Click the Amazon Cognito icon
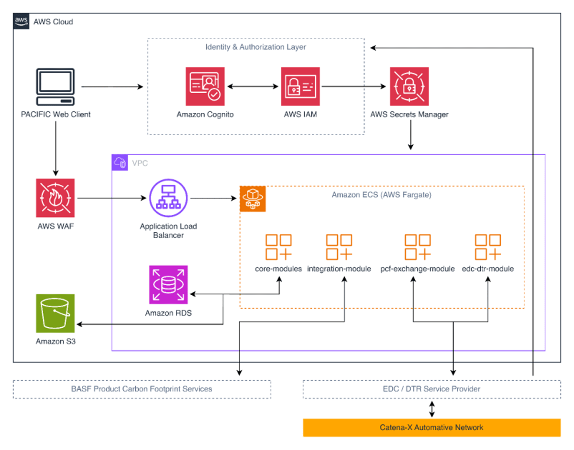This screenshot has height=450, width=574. tap(205, 86)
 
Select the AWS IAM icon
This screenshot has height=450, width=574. tap(300, 86)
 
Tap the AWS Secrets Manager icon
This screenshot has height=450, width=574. tap(409, 86)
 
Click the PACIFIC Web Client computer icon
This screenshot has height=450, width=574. tap(55, 87)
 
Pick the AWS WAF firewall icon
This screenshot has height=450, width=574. tap(55, 198)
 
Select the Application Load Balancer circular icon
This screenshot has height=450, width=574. tap(168, 198)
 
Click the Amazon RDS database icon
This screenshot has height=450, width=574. tap(168, 285)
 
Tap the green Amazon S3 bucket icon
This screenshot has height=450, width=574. tap(55, 313)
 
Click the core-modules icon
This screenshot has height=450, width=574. tap(278, 246)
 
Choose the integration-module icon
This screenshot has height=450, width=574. tap(339, 246)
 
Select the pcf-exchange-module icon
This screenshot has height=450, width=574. tap(417, 246)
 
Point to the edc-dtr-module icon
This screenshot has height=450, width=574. tap(487, 246)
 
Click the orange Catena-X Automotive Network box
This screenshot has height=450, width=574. tap(431, 428)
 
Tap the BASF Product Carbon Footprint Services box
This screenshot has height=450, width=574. tap(142, 389)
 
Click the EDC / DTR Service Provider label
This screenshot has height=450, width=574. tap(431, 389)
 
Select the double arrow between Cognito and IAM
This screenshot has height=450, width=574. tap(253, 87)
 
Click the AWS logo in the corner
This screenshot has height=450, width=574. tap(21, 21)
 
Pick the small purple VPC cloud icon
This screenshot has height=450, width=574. tap(120, 163)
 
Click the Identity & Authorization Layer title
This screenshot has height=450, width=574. tap(255, 47)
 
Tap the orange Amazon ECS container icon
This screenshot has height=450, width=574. tap(253, 199)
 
